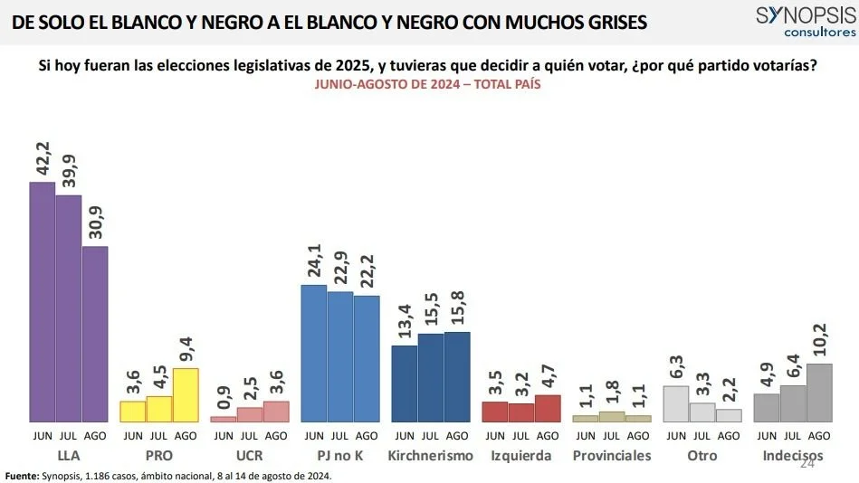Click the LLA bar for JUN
(x=43, y=302)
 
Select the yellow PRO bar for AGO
(x=186, y=395)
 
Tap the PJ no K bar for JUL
(x=340, y=356)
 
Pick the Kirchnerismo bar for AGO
(x=457, y=377)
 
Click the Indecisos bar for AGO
(x=819, y=393)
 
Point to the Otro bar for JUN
(x=676, y=404)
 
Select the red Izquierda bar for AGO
(x=548, y=409)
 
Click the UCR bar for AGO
(x=276, y=412)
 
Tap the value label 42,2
(x=43, y=156)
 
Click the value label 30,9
(x=96, y=221)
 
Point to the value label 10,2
(x=819, y=339)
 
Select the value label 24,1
(x=314, y=260)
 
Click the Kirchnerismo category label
(x=431, y=456)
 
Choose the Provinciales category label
(x=612, y=456)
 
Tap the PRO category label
(x=159, y=456)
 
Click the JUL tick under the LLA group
(x=69, y=435)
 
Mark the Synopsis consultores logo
(x=805, y=21)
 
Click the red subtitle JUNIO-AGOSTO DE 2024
(x=428, y=83)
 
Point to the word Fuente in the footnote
(x=23, y=476)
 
